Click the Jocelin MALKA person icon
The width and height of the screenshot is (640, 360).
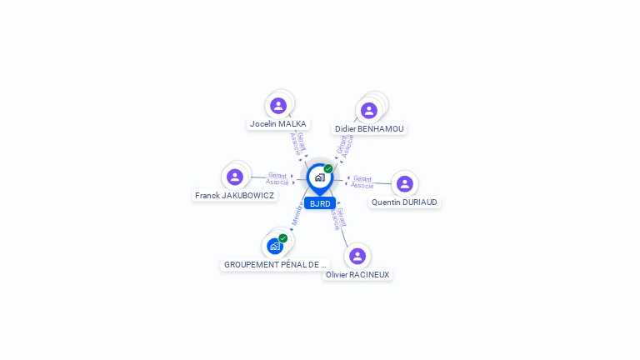278,106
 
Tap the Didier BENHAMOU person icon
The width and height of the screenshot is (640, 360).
368,111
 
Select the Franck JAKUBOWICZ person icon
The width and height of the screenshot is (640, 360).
235,177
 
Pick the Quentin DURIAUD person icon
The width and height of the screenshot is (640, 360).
404,183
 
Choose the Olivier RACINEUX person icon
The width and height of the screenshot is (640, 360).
357,256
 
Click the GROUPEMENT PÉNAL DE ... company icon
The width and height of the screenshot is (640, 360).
275,246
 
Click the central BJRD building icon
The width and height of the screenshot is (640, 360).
319,177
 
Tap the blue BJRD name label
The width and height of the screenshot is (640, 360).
320,203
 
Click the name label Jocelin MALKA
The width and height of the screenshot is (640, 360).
278,124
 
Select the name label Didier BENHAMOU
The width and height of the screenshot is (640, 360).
369,129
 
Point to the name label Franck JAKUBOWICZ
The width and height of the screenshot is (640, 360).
234,196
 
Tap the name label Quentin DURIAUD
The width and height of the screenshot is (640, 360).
404,202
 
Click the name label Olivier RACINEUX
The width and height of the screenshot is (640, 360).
357,275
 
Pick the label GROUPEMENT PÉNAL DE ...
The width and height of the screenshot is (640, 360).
274,265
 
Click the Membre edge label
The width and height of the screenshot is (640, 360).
296,214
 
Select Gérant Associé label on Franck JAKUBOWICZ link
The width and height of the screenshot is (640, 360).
277,178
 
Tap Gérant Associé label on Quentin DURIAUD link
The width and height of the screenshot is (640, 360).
362,182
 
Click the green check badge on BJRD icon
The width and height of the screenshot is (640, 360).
328,168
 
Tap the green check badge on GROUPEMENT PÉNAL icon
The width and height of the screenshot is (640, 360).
282,238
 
